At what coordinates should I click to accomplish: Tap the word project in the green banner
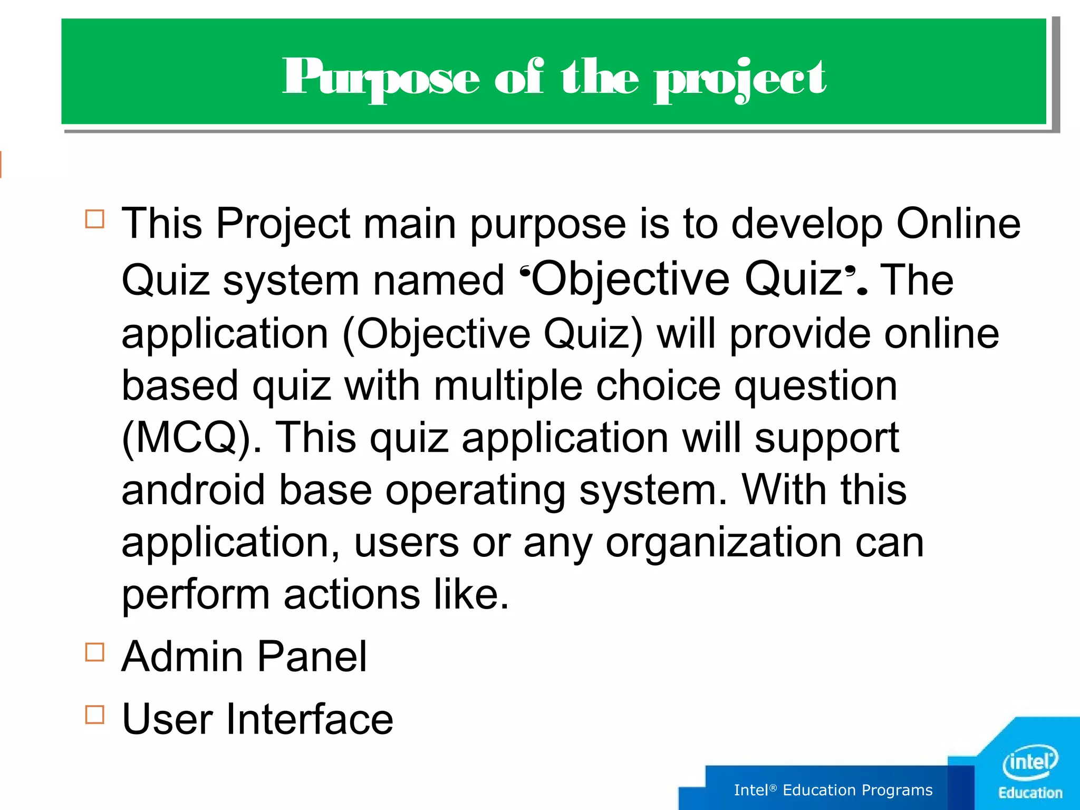click(x=739, y=79)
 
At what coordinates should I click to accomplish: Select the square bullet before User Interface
click(x=94, y=715)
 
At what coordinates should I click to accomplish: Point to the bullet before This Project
click(x=94, y=218)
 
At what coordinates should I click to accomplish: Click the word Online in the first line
click(x=958, y=224)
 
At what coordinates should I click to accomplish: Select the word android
click(x=193, y=490)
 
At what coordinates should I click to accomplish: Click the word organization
click(x=724, y=543)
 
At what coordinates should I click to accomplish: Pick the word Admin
click(x=182, y=657)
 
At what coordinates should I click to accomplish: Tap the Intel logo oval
click(x=1030, y=762)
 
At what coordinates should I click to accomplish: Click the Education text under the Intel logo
click(x=1030, y=793)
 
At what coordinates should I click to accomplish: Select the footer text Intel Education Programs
click(x=833, y=790)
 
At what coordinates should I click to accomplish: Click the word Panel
click(x=312, y=657)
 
